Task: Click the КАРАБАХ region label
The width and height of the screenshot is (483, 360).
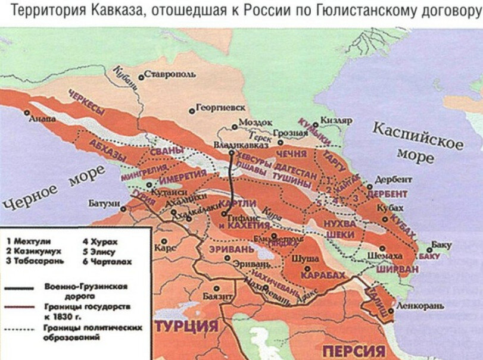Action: [x=323, y=275]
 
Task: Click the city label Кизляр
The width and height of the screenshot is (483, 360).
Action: [x=336, y=120]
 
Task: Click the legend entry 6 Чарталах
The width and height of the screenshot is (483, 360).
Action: [x=107, y=261]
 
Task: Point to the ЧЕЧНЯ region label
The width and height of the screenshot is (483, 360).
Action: [x=291, y=154]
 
